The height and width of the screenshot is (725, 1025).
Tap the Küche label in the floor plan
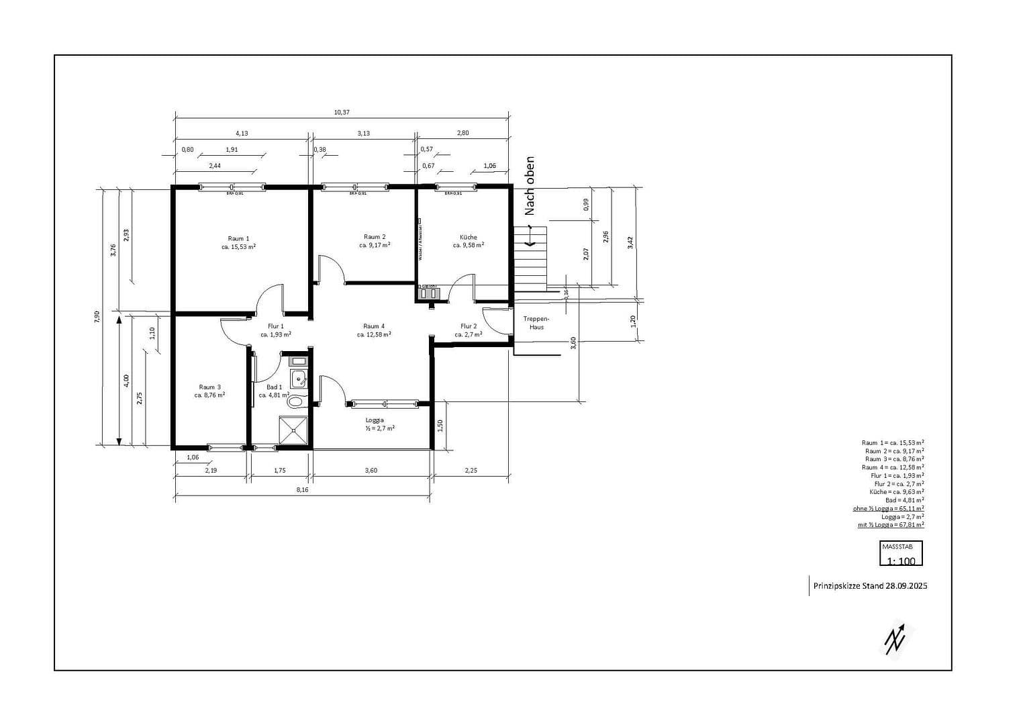click(469, 238)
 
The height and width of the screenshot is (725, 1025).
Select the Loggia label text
click(375, 420)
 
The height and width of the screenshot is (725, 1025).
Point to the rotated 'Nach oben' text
click(530, 186)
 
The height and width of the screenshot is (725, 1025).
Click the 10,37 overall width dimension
click(342, 112)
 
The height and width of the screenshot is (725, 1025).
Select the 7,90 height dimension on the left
click(97, 317)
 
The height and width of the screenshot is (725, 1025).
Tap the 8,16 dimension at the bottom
click(303, 490)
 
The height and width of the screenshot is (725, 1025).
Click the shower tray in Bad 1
click(294, 430)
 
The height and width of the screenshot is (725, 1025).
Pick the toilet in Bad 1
click(295, 402)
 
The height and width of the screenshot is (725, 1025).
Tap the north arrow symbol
click(895, 638)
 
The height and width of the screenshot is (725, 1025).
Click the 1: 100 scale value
click(901, 561)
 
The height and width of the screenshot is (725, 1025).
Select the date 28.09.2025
click(906, 586)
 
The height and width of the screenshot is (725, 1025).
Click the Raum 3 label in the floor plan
click(209, 387)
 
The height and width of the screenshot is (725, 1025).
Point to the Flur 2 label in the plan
click(469, 326)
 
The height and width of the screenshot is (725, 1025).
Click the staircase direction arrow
click(530, 237)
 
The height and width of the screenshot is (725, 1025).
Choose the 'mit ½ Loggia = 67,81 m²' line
click(891, 525)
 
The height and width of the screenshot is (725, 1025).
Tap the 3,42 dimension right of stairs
click(630, 242)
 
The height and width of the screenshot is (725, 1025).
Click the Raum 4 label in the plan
click(374, 326)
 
